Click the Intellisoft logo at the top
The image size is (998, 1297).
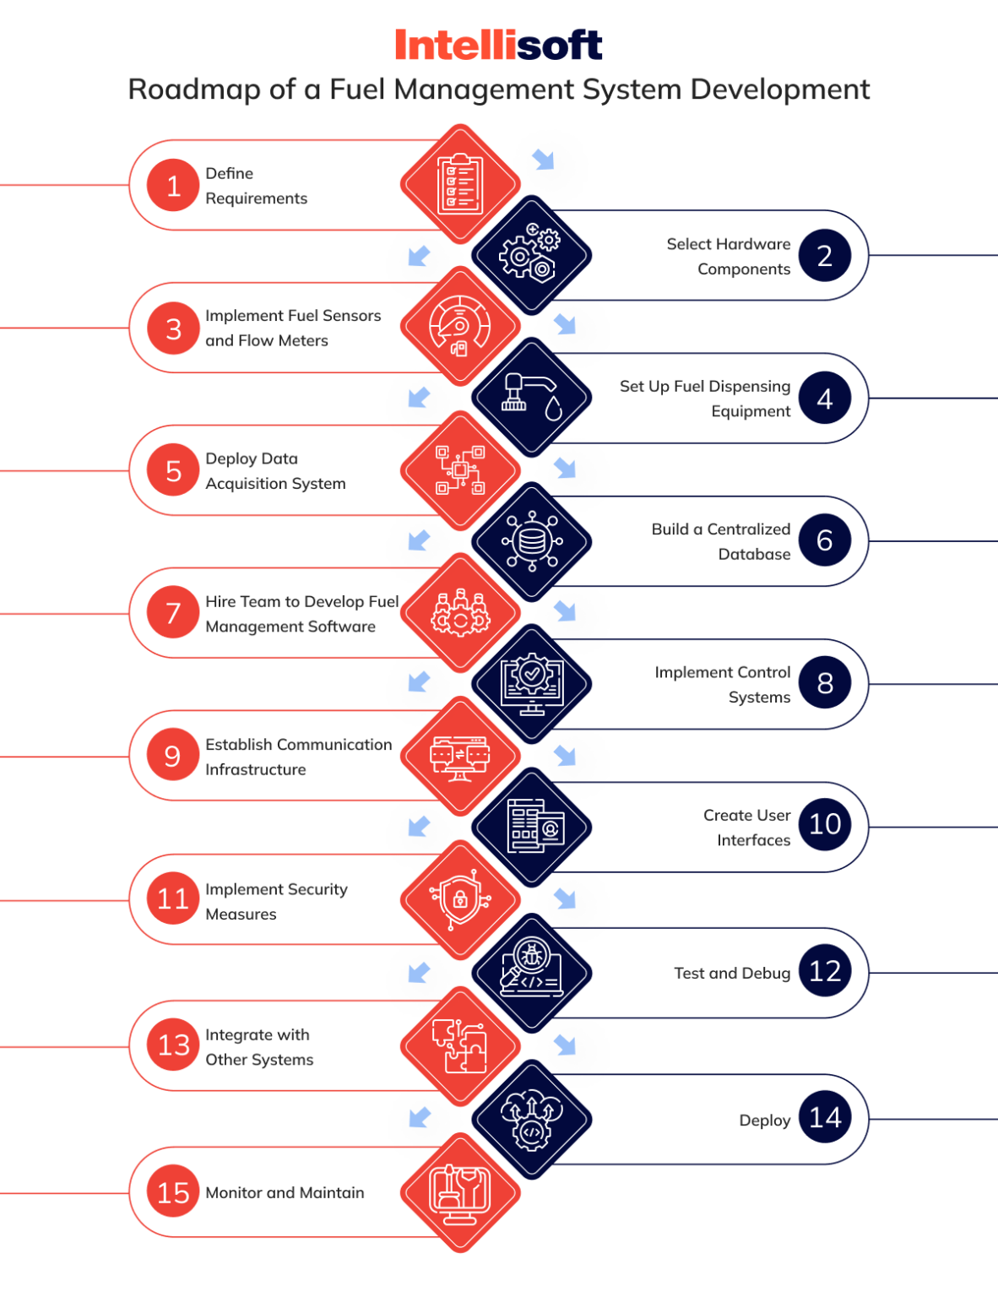tap(498, 45)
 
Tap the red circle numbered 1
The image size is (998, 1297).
tap(173, 185)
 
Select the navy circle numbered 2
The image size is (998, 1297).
tap(825, 255)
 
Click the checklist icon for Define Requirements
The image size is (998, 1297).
tap(460, 184)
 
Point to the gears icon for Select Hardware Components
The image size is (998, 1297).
tap(531, 255)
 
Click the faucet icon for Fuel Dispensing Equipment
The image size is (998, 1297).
tap(531, 398)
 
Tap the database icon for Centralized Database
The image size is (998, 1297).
tap(531, 541)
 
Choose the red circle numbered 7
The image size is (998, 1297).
tap(173, 612)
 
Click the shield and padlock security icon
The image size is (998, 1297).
tap(460, 899)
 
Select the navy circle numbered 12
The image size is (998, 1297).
tap(825, 971)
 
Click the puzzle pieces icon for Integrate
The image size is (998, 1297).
tap(460, 1046)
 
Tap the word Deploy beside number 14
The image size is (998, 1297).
tap(764, 1121)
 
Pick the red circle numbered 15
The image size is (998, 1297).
tap(173, 1192)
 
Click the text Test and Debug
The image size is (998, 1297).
tap(731, 973)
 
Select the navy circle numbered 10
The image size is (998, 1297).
tap(825, 824)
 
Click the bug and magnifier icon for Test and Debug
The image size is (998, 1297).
tap(531, 972)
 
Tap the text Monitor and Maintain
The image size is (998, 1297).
tap(285, 1192)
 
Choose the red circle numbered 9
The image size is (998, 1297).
tap(173, 756)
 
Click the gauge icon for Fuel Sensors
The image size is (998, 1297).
tap(460, 326)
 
